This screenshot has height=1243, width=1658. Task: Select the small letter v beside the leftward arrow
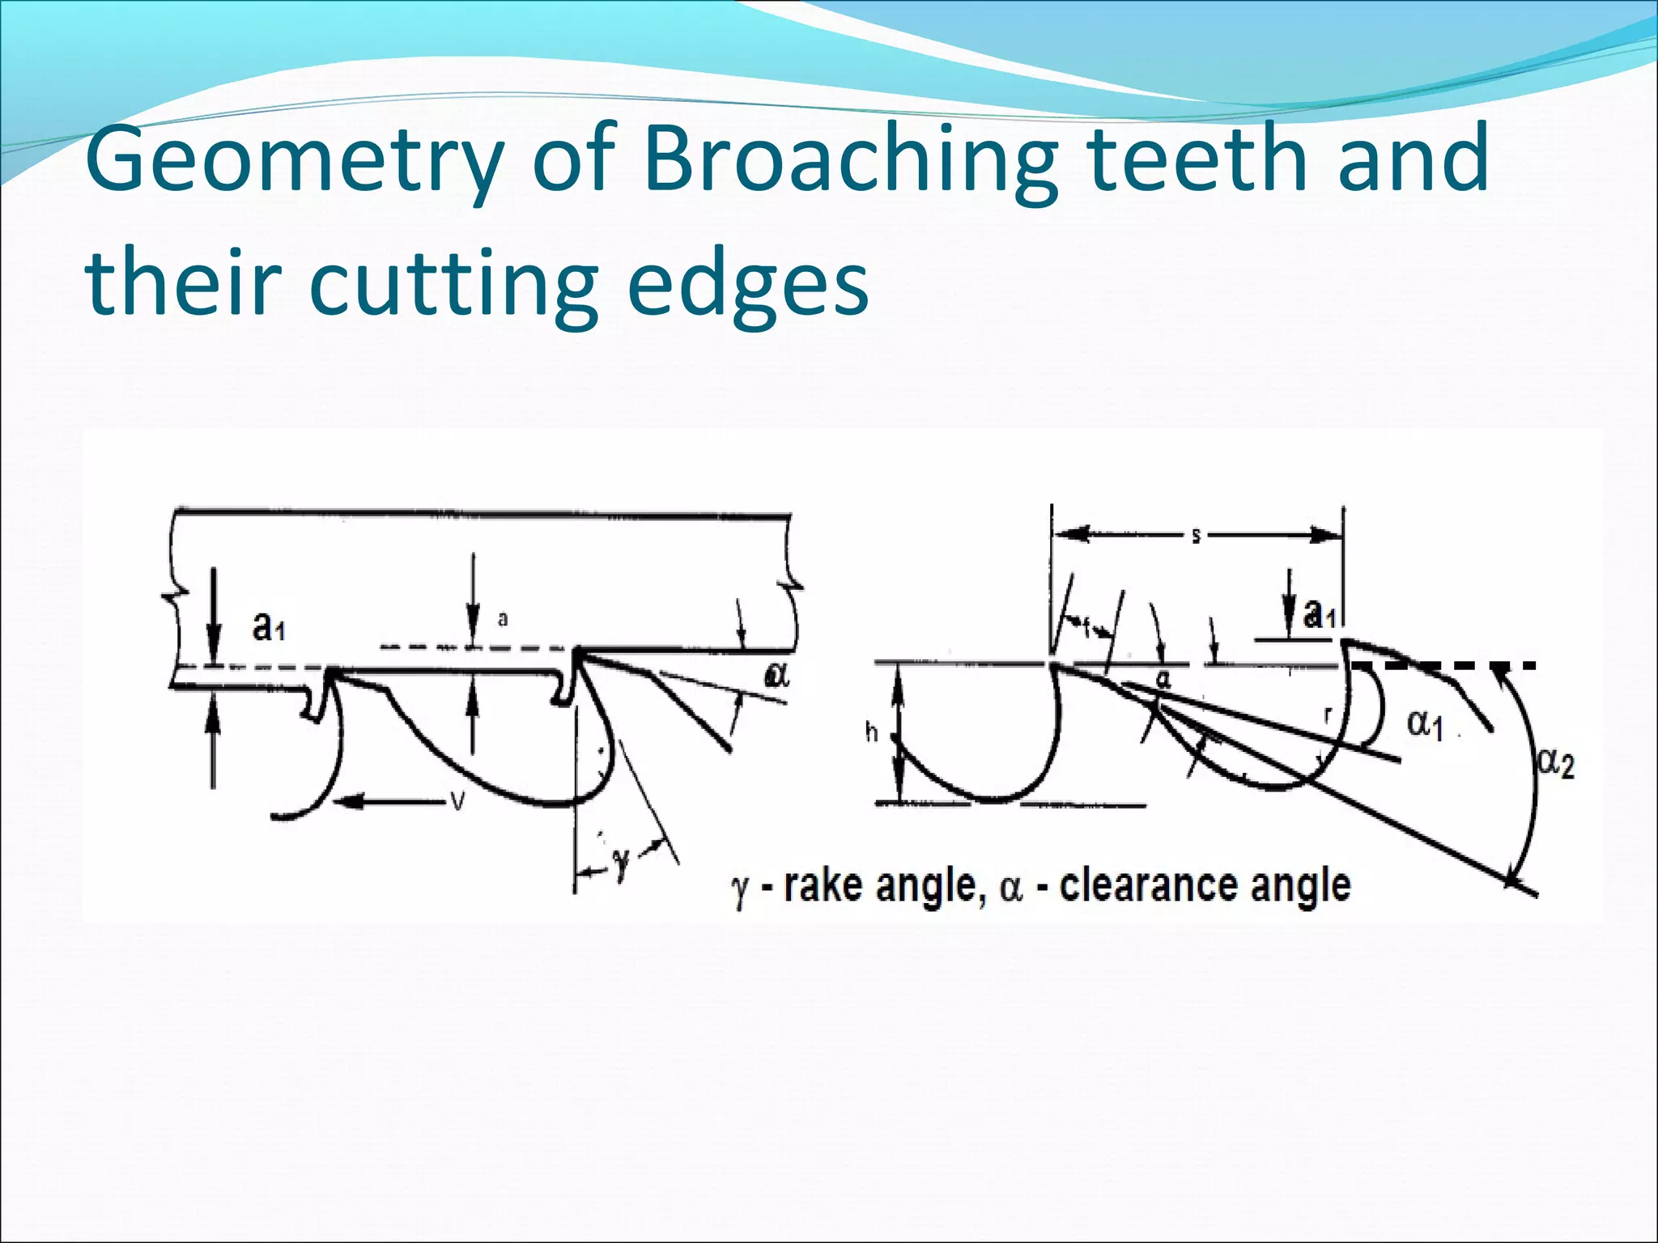coord(457,801)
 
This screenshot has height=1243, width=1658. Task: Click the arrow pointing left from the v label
coord(389,801)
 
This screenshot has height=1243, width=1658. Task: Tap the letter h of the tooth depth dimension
coord(872,733)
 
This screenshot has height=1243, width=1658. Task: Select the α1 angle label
coord(1426,724)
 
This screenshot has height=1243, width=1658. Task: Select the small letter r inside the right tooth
coord(1328,715)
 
